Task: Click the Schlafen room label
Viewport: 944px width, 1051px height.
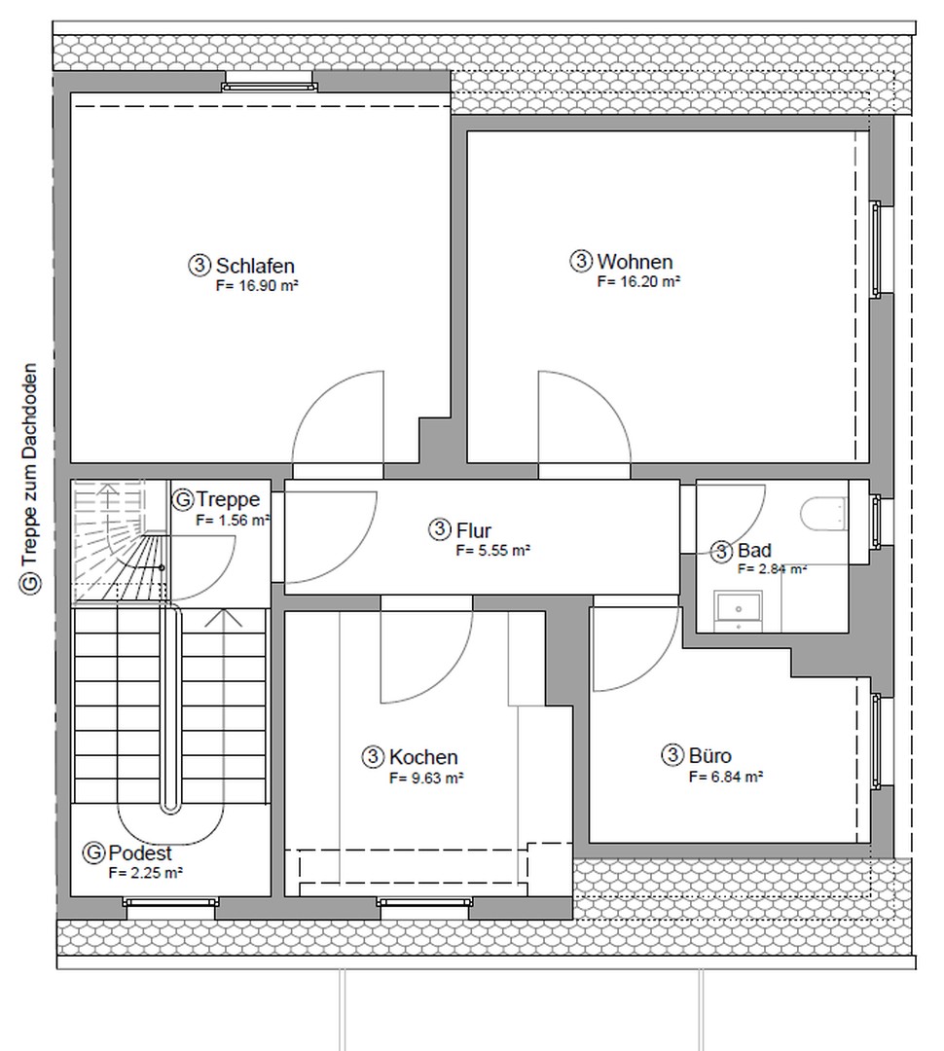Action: [255, 266]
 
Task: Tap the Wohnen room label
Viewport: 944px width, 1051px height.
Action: [635, 262]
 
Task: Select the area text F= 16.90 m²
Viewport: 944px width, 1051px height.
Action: [257, 285]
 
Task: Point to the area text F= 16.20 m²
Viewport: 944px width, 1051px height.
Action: [638, 281]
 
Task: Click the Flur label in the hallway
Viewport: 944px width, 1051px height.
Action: [473, 530]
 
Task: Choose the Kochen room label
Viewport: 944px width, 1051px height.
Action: [423, 757]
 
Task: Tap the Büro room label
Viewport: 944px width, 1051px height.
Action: [710, 755]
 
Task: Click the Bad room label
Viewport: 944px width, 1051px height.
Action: [754, 551]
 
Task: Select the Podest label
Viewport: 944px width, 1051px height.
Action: [140, 853]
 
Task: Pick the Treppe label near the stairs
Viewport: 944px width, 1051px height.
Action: [228, 499]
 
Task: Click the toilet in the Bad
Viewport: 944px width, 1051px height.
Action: [822, 514]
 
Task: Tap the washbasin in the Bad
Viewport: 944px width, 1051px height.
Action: [739, 609]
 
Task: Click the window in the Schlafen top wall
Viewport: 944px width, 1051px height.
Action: [270, 86]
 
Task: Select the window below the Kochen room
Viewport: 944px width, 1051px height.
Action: [424, 902]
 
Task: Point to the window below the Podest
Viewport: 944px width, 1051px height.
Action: [171, 902]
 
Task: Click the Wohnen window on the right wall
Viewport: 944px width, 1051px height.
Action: [876, 249]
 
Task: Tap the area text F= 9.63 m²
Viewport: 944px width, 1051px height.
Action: [426, 779]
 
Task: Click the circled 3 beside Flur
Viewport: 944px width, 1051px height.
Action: [439, 529]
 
